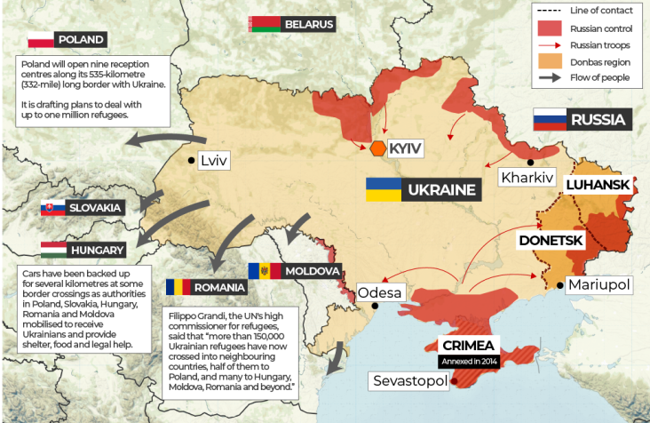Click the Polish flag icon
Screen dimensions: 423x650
[x=40, y=40]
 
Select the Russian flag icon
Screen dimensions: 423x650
[x=548, y=119]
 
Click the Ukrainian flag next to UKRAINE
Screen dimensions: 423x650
[x=383, y=188]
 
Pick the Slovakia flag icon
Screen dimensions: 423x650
[x=52, y=208]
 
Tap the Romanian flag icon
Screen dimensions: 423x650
[x=178, y=287]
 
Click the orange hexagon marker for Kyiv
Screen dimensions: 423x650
[x=379, y=148]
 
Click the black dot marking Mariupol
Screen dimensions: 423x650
[x=559, y=284]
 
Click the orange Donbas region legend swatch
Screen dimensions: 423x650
[x=551, y=62]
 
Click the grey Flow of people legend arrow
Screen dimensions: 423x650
[x=551, y=79]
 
